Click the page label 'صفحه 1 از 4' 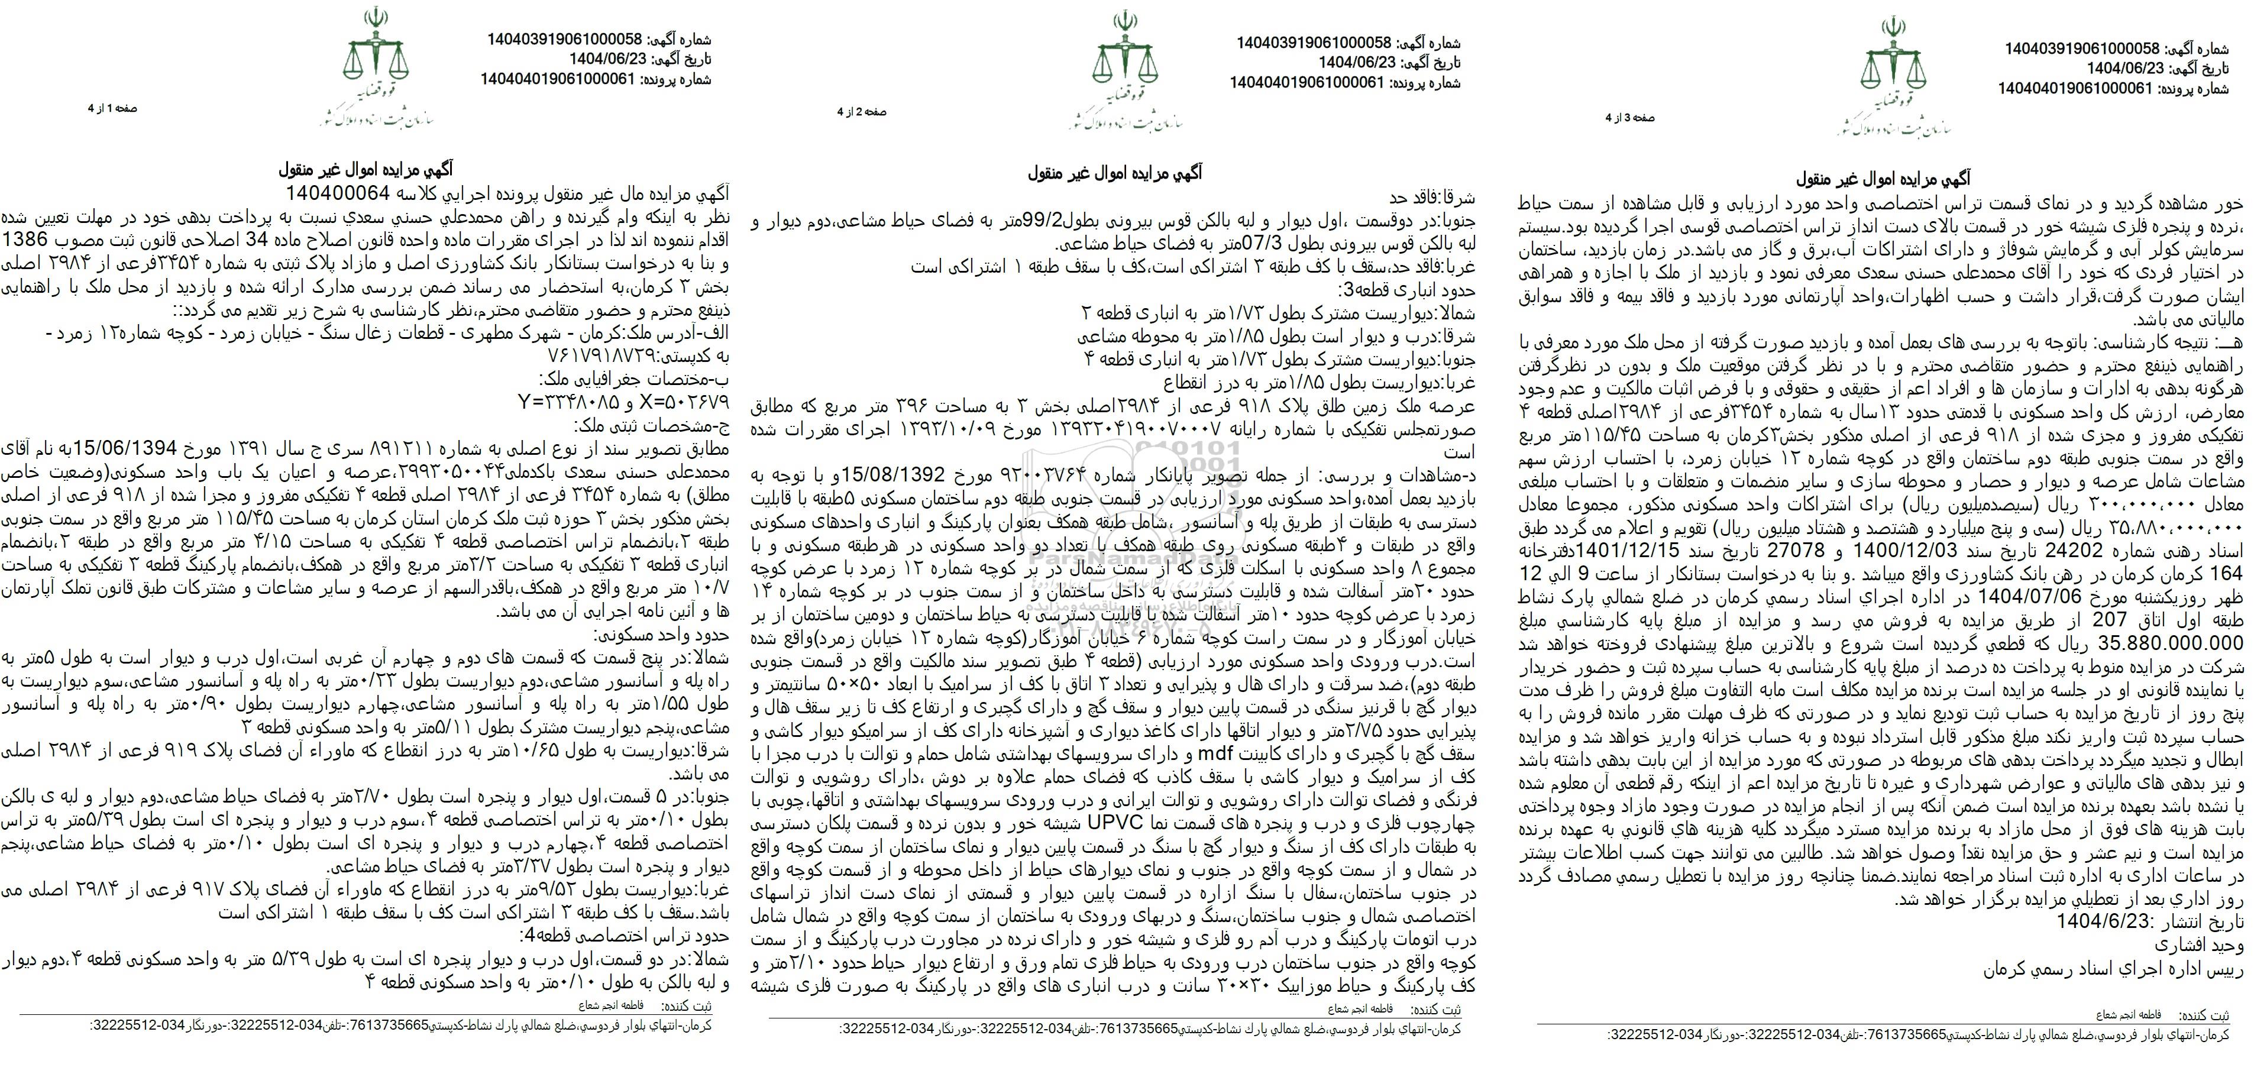[112, 108]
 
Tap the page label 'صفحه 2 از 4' [862, 112]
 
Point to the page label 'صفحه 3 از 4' [1630, 117]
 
